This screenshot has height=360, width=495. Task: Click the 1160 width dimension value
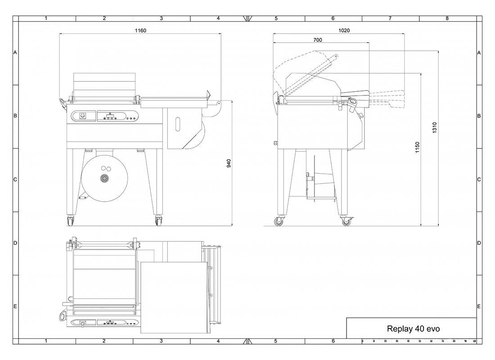140,31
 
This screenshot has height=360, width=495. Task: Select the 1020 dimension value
344,31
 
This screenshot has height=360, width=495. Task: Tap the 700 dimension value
317,40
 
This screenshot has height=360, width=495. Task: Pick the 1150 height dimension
417,147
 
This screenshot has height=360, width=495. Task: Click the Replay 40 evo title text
413,328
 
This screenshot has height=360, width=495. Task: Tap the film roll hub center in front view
105,178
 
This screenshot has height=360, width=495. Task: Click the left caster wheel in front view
71,221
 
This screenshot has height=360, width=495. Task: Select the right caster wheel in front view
159,221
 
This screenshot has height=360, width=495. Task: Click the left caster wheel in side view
279,222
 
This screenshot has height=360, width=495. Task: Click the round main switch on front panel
82,116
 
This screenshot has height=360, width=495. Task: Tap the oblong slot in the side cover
178,124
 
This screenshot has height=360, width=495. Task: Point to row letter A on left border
15,53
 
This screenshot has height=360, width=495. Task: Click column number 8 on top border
447,18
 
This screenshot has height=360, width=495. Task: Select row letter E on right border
479,306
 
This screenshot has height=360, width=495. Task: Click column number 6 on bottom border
333,342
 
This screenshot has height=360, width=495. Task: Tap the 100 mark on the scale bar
474,342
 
